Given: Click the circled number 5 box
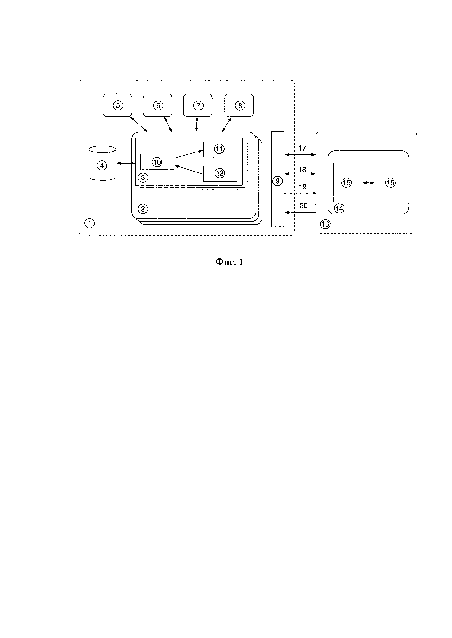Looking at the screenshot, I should (117, 105).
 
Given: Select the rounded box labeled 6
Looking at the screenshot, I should (157, 105).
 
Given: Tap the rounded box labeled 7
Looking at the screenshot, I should (198, 105).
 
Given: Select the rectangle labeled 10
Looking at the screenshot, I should (157, 162).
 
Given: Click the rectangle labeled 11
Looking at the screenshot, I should (220, 149).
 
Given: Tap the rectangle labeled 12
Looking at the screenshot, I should (220, 173).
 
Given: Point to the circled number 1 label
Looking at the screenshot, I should (90, 223).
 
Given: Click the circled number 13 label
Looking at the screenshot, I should (325, 224).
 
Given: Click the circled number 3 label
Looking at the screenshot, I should (143, 178).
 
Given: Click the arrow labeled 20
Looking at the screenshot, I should (300, 212).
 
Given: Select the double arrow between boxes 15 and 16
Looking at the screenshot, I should (369, 183).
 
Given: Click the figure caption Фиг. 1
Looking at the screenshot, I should (229, 262).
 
